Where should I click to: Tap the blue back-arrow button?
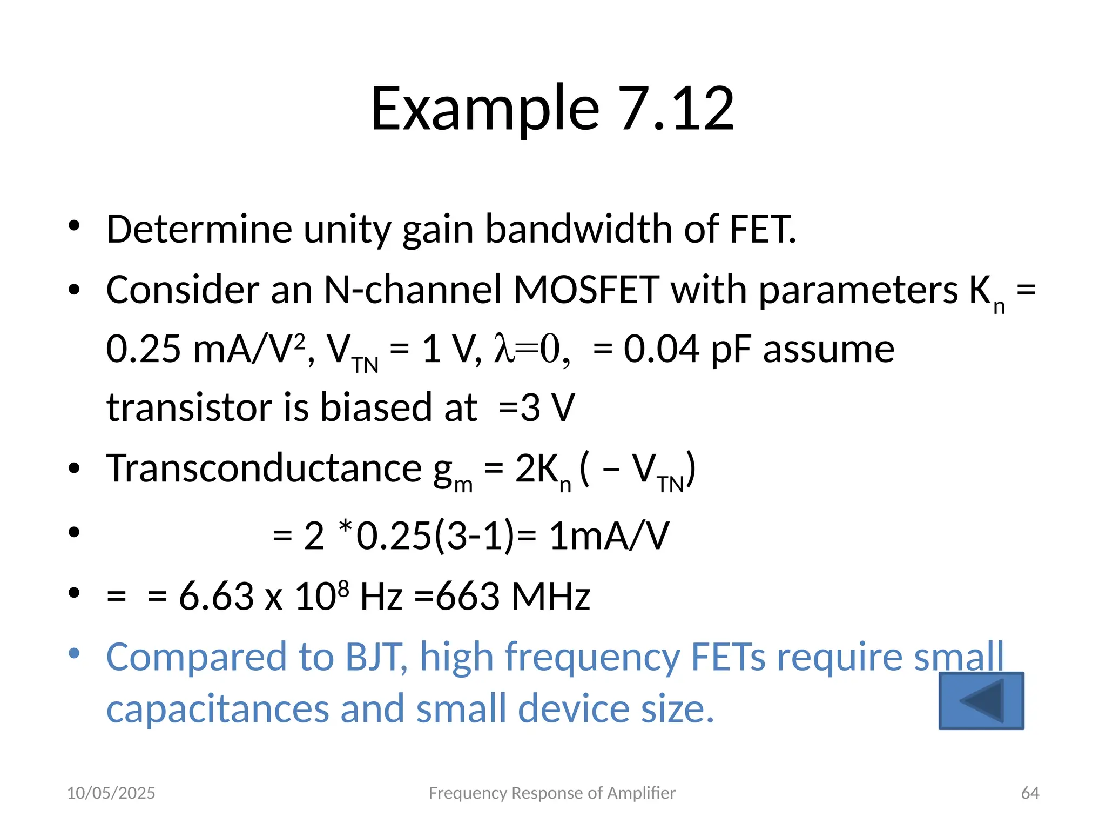click(981, 701)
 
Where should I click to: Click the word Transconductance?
click(264, 468)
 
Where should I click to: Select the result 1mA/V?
click(609, 536)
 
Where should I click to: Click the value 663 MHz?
click(512, 597)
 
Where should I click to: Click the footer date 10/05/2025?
click(111, 793)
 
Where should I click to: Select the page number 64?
click(1030, 793)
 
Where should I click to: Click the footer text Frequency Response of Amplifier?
click(552, 793)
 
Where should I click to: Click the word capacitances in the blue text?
click(217, 709)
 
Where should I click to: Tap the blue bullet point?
click(74, 653)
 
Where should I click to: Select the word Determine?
click(199, 229)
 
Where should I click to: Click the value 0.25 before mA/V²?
click(143, 349)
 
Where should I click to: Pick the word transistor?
click(189, 407)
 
